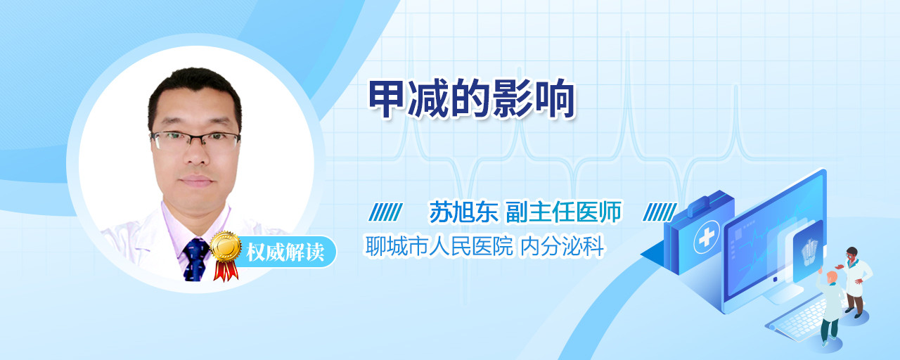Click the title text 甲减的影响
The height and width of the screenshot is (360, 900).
[x=472, y=99]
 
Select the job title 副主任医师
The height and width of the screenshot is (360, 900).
[x=564, y=212]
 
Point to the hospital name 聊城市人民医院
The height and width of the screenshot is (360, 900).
[x=439, y=246]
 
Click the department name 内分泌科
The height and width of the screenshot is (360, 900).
[x=562, y=246]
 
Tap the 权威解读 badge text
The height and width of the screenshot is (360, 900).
[x=285, y=252]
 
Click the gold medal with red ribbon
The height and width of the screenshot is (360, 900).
[x=226, y=255]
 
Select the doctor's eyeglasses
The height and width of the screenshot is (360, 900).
[x=195, y=140]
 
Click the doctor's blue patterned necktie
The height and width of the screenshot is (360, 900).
[x=195, y=259]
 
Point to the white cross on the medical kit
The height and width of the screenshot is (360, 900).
[x=706, y=237]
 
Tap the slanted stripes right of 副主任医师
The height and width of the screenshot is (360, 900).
[x=660, y=212]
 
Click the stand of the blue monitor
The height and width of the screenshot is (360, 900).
[x=783, y=294]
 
